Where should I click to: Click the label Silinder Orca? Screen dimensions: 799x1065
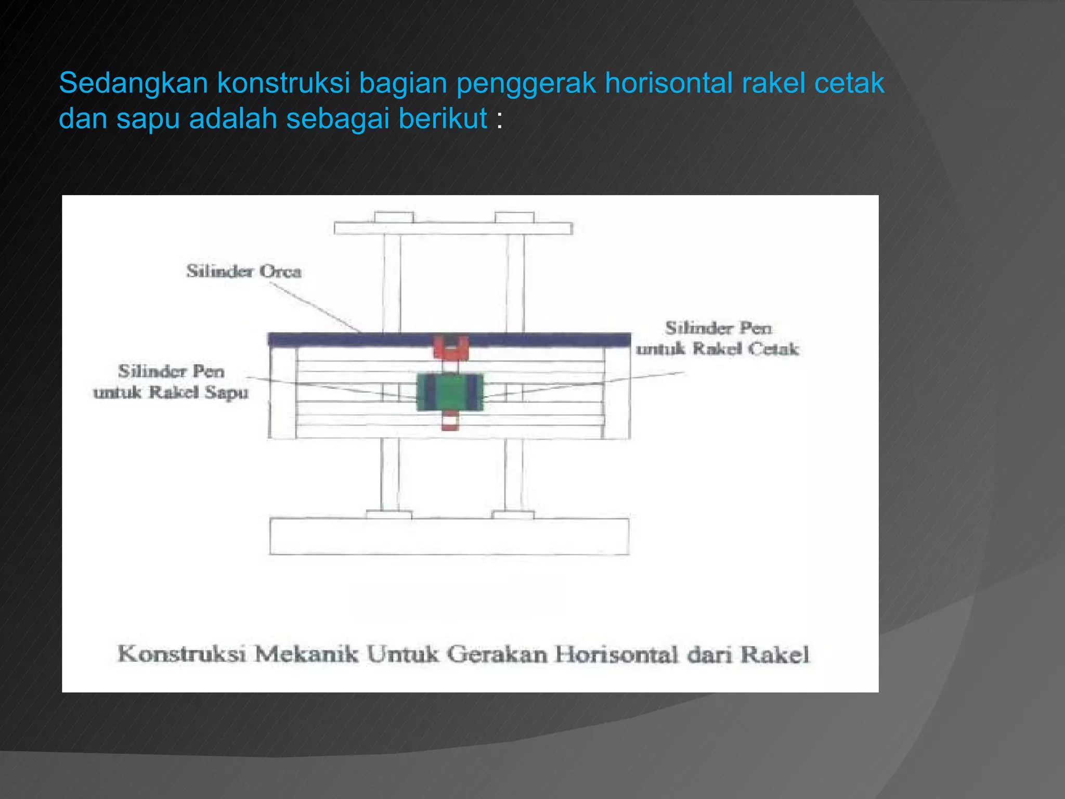243,271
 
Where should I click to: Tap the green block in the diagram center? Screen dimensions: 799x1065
450,392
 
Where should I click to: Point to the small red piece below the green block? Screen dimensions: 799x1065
450,420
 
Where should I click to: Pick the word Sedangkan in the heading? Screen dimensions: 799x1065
133,83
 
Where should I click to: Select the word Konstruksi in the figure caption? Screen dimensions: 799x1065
181,654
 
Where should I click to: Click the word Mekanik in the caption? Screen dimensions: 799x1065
306,654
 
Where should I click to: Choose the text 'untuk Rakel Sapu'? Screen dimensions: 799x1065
171,392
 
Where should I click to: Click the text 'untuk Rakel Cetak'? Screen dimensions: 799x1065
717,349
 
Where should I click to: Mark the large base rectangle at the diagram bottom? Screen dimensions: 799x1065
449,536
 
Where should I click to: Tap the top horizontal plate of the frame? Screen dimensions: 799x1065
453,228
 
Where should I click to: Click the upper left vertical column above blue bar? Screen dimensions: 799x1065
392,283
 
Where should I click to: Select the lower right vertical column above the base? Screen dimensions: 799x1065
514,475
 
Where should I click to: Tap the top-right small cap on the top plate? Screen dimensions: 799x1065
514,217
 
